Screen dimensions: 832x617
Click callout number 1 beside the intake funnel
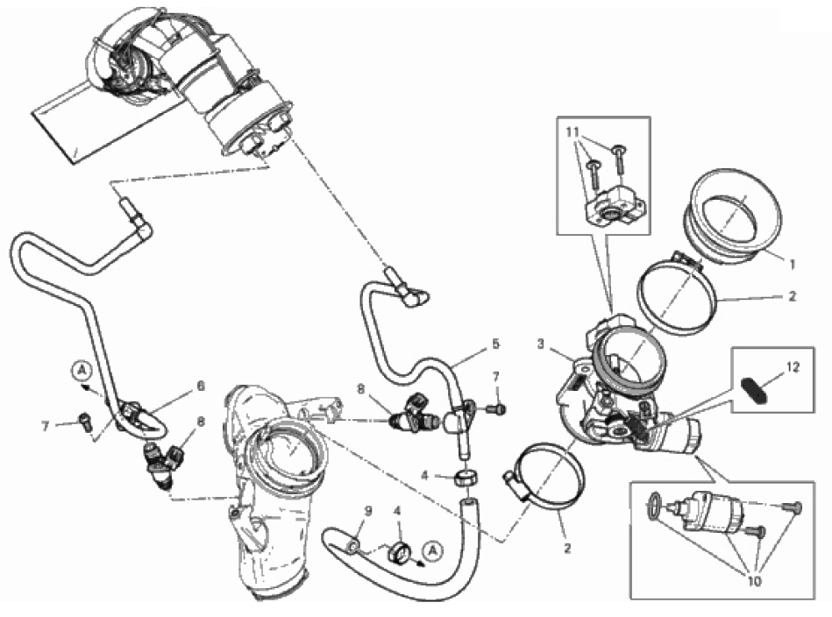coord(793,264)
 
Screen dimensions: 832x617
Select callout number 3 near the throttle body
coord(540,344)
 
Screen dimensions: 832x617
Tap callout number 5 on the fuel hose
coord(495,344)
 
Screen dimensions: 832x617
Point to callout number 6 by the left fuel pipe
coord(201,386)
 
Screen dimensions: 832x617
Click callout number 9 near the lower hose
coord(368,511)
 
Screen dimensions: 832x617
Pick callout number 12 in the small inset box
coord(793,366)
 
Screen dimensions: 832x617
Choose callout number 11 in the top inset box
coord(572,131)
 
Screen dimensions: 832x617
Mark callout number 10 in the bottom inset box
coord(753,581)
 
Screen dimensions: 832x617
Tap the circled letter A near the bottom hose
coord(433,551)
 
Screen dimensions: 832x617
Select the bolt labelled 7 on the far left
coord(85,419)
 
